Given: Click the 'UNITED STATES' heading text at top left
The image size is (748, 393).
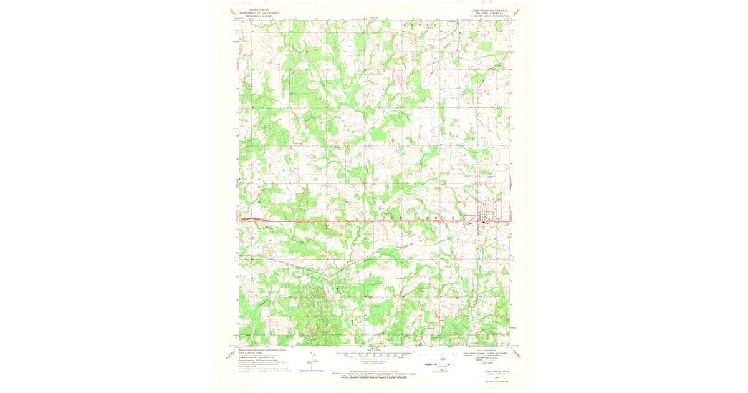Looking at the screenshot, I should pyautogui.click(x=260, y=10).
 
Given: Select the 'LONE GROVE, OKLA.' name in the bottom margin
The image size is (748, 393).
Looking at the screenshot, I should pyautogui.click(x=492, y=374).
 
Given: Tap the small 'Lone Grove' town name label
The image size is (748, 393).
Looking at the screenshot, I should pyautogui.click(x=468, y=216).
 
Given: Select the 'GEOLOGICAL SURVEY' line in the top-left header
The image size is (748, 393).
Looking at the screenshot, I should pyautogui.click(x=260, y=16).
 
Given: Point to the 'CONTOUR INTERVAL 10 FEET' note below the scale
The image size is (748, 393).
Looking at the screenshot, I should pyautogui.click(x=374, y=362).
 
